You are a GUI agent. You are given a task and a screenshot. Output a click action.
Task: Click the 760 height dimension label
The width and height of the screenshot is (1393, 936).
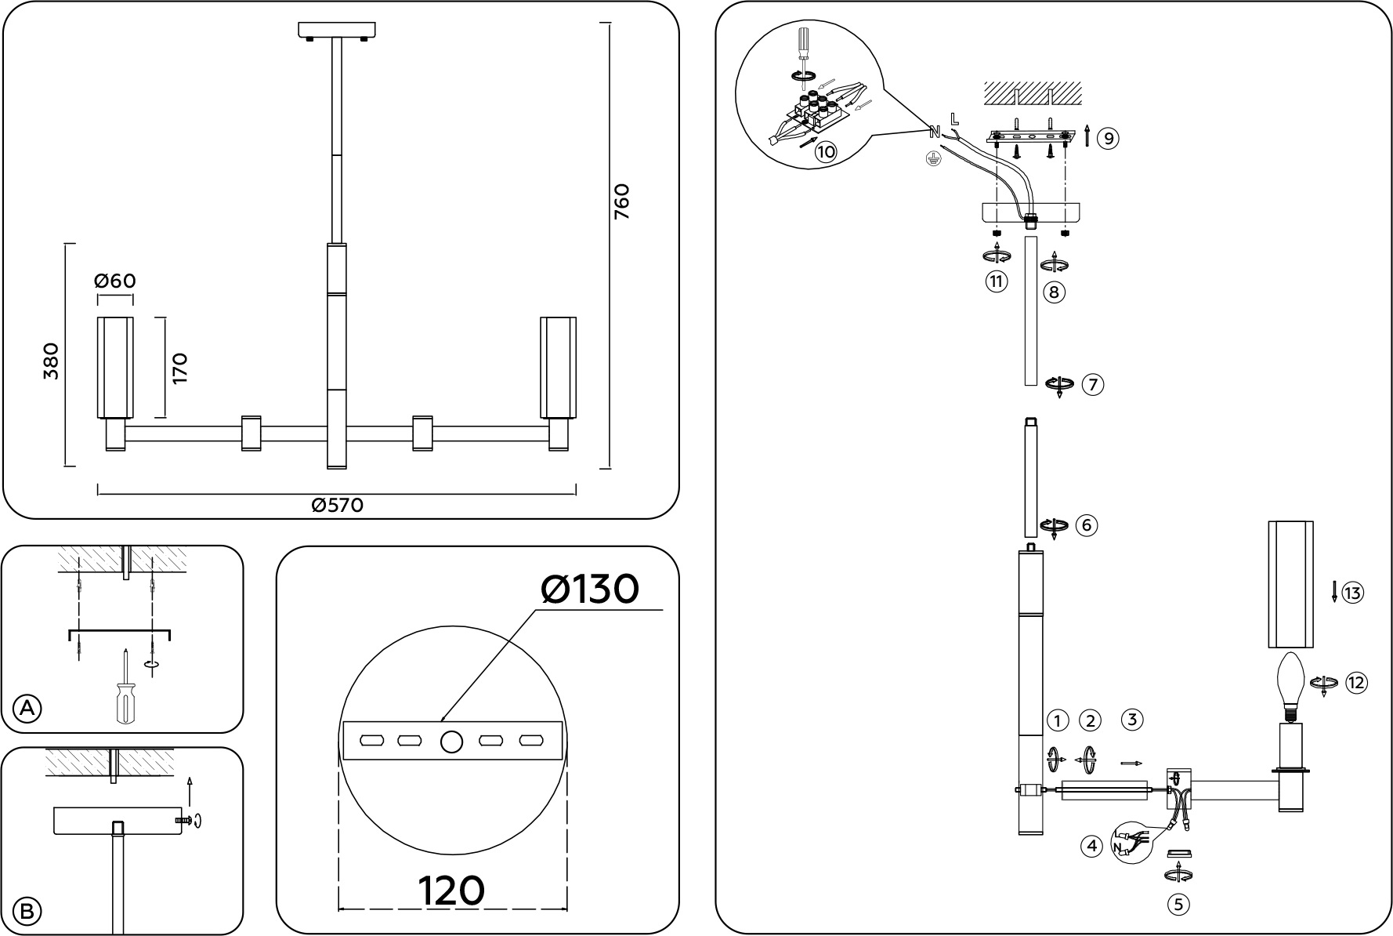621,201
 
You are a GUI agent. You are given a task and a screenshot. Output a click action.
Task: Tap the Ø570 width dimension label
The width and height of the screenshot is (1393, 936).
338,506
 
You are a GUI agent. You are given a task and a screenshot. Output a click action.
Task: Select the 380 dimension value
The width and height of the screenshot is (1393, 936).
51,361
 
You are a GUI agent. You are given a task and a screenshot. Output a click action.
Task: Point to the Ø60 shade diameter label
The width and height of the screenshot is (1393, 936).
115,281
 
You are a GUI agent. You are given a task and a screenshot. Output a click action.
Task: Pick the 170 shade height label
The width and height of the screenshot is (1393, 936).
180,368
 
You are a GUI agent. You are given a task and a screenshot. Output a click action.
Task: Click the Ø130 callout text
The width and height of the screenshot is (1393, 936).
590,589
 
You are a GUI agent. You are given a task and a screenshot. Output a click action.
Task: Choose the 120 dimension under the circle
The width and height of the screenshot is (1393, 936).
451,891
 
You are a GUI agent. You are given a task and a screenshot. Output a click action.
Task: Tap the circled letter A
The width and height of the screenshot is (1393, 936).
27,708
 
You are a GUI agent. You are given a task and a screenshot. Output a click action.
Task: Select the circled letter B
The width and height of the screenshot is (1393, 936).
27,911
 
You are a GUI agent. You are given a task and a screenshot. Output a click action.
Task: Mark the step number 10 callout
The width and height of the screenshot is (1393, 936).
825,151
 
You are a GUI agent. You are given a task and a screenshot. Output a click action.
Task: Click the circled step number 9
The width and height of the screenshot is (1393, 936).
1107,139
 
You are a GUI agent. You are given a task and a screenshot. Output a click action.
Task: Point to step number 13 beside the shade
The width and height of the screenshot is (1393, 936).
1352,593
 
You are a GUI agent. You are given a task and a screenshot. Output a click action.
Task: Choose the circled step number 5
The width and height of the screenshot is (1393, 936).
1178,905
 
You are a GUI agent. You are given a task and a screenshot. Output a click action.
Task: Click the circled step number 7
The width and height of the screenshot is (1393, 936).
1093,385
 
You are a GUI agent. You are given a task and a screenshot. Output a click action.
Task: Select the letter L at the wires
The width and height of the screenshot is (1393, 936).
953,119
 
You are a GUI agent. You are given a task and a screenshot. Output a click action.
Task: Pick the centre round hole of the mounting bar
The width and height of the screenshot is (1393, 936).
451,742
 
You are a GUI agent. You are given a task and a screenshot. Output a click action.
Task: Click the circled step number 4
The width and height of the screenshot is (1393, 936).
1091,847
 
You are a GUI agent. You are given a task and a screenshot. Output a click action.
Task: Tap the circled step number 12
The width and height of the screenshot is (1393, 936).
1356,683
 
